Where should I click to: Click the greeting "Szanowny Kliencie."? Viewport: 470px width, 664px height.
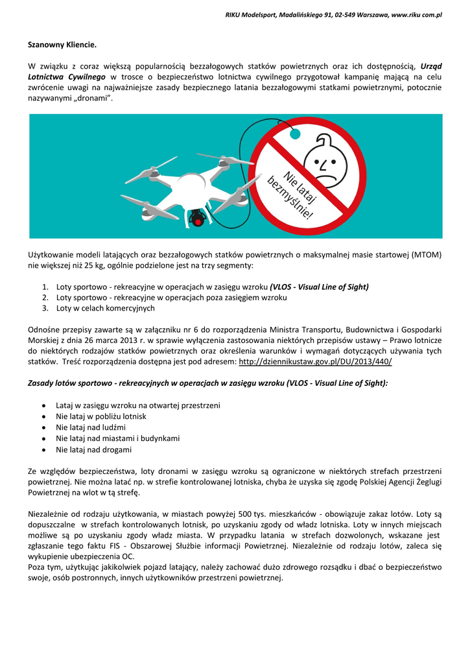coord(62,45)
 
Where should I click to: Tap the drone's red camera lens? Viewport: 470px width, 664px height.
coord(198,220)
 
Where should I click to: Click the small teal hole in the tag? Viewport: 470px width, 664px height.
coord(294,134)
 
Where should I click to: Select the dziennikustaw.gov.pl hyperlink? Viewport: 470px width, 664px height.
coord(315,361)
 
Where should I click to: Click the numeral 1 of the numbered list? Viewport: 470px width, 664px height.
coord(45,287)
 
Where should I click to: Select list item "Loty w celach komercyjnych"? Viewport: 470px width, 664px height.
coord(105,308)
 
